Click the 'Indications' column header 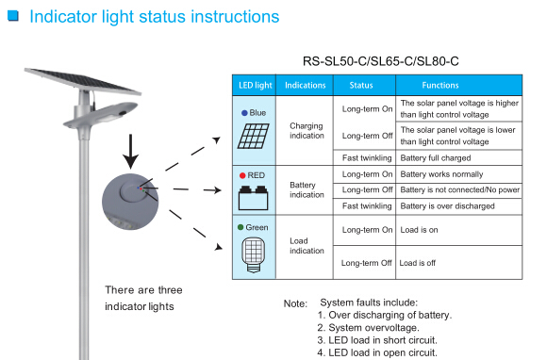pos(306,85)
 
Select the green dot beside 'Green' pos(241,228)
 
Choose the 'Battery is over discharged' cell pos(449,205)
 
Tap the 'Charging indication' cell pos(306,130)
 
